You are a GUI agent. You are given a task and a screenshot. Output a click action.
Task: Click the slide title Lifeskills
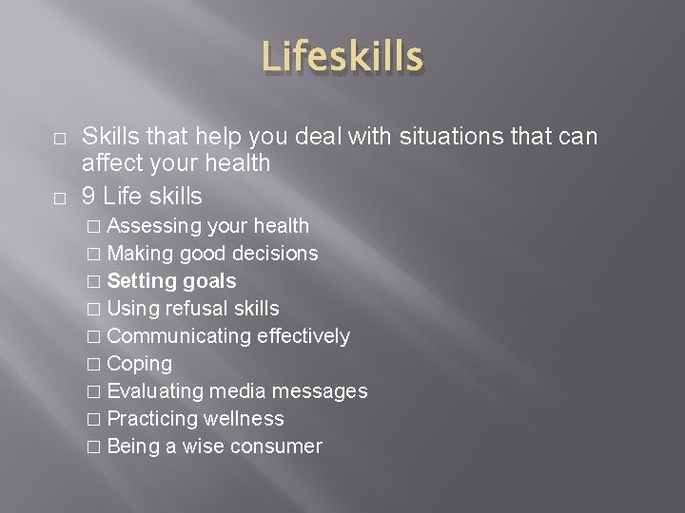tap(342, 56)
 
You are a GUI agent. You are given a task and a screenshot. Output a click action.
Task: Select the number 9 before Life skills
tap(88, 197)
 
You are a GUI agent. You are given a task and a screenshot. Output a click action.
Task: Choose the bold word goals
tap(210, 281)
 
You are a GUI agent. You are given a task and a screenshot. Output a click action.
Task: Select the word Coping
tap(139, 364)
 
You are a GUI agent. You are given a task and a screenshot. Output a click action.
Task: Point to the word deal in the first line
tap(319, 138)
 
